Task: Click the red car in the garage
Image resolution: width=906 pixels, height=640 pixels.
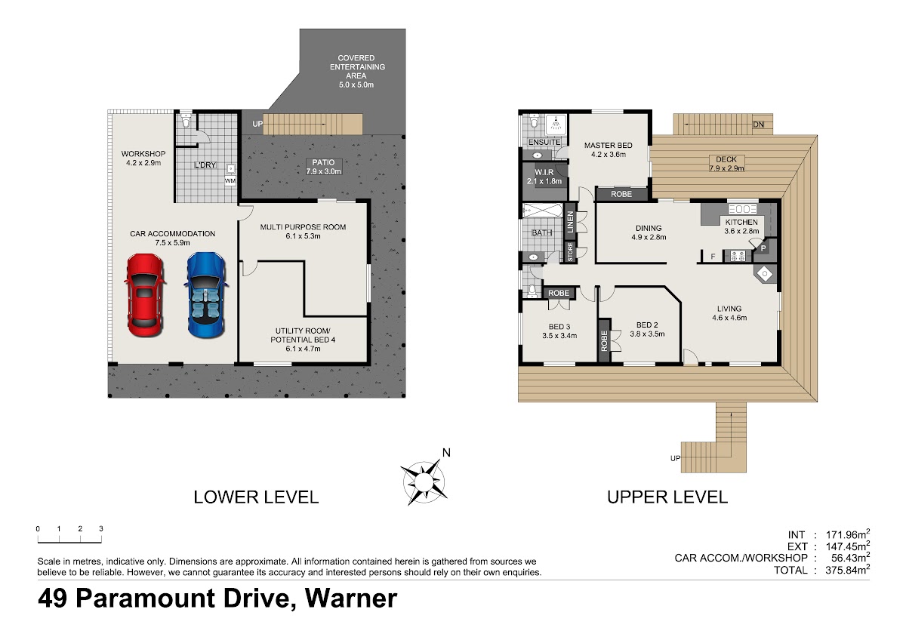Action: (145, 295)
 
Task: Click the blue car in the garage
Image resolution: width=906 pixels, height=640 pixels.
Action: (206, 295)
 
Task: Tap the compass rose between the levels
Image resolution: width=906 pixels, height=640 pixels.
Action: (424, 482)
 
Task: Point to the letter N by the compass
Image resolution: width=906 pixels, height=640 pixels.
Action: (446, 453)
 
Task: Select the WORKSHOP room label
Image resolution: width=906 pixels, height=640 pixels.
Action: (143, 154)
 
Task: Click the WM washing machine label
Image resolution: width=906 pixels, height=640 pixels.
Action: (230, 180)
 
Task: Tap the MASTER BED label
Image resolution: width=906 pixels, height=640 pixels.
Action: (608, 145)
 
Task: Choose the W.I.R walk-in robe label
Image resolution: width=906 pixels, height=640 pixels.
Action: (544, 172)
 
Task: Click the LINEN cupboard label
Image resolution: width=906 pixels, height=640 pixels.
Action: (570, 223)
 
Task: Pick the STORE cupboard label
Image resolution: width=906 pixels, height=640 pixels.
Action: (570, 252)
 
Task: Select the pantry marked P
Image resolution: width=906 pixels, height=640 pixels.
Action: (763, 248)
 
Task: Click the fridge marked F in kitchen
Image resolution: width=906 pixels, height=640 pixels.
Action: (713, 257)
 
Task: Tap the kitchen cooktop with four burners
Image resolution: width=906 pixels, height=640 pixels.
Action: (738, 256)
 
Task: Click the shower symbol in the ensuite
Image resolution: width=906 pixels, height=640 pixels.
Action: (556, 125)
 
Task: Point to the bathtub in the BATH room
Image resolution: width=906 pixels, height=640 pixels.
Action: (542, 211)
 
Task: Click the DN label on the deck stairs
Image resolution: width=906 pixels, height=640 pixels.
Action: (758, 125)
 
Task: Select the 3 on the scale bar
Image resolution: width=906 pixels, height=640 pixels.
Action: (101, 528)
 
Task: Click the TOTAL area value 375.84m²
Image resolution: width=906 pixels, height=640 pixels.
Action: (847, 570)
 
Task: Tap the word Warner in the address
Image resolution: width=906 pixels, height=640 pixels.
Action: (350, 598)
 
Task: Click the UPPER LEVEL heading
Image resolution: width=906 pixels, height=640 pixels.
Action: (667, 497)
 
